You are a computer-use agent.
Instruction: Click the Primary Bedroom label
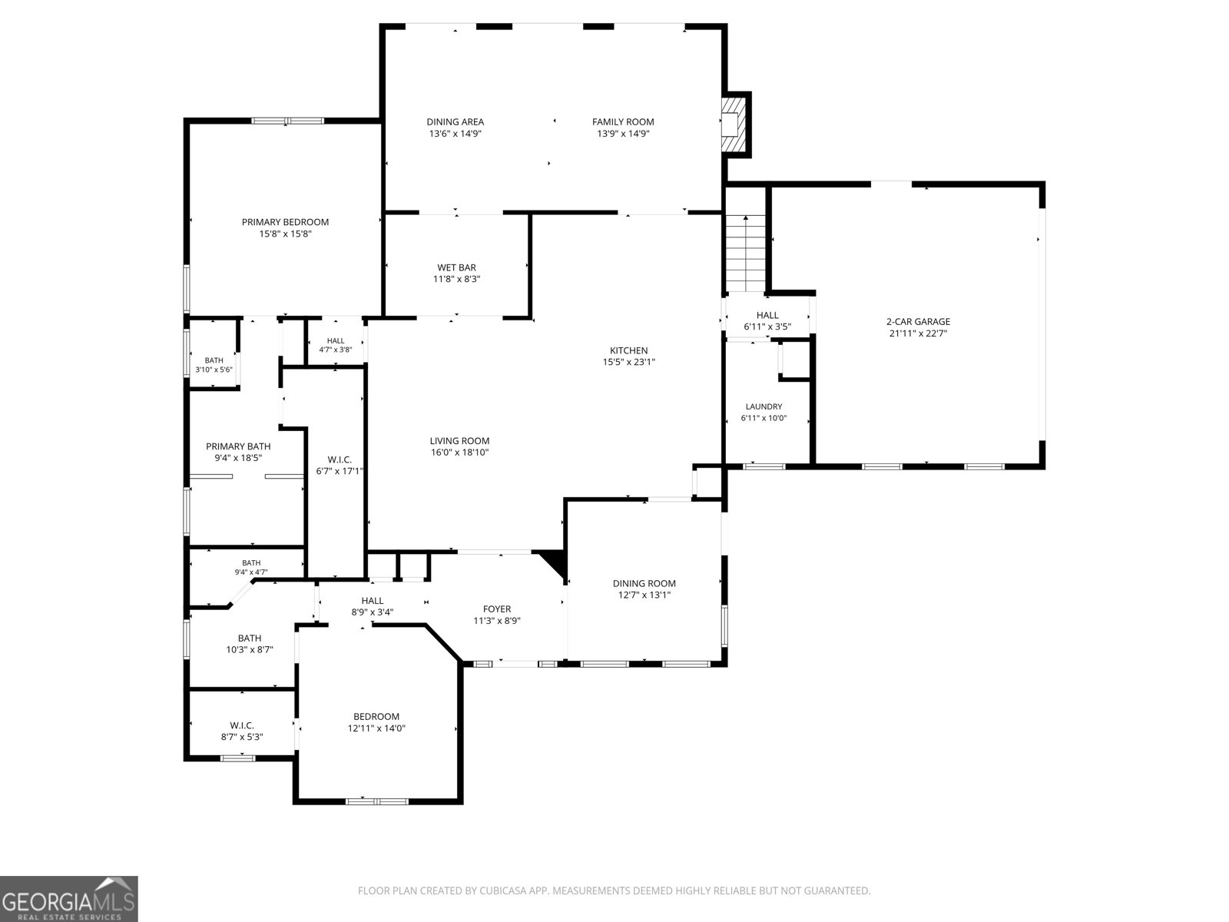pos(285,222)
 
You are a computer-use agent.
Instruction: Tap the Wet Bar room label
pos(456,267)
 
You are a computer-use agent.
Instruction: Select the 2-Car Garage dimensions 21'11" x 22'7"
pos(918,333)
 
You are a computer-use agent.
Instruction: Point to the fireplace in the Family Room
pos(734,124)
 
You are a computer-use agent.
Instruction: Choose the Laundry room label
pos(764,407)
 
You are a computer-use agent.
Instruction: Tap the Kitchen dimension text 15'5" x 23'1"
pos(629,362)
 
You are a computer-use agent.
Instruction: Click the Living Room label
pos(459,441)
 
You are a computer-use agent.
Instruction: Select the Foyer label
pos(497,609)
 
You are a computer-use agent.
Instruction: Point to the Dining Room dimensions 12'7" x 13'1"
pos(644,595)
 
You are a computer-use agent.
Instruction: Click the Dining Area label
pos(455,122)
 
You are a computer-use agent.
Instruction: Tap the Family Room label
pos(623,122)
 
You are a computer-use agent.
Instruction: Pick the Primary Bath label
pos(238,446)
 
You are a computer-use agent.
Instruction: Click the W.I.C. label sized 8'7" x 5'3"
pos(242,738)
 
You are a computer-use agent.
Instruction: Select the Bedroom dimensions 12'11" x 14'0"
pos(376,728)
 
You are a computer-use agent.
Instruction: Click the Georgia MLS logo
pos(69,899)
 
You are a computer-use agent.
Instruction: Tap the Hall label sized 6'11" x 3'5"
pos(767,316)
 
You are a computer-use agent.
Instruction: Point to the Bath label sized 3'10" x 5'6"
pos(214,360)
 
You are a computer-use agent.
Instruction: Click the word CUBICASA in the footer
pos(503,890)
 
